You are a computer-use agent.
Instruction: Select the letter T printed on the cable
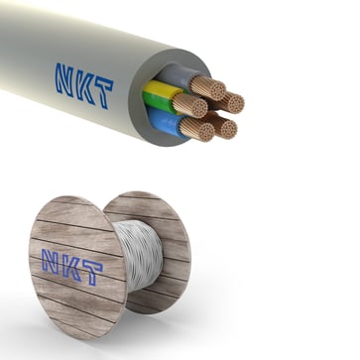[101, 91]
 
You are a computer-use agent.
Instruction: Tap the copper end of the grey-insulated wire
[207, 86]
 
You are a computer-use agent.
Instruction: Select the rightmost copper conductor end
[231, 101]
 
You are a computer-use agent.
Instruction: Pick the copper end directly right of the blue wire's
[225, 127]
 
